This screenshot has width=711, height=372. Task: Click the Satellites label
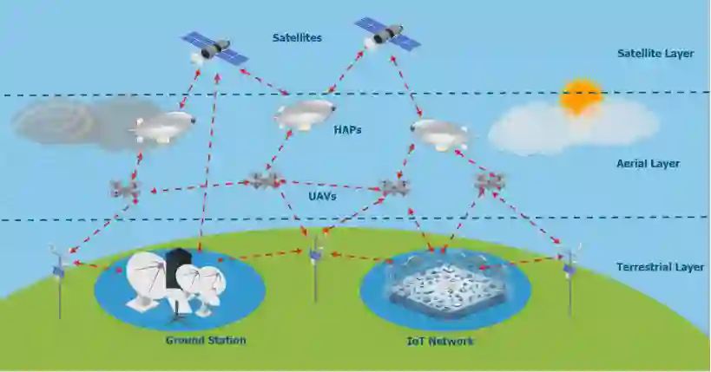tap(296, 38)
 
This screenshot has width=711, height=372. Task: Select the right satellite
tap(387, 33)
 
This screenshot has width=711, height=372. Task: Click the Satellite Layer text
tap(655, 54)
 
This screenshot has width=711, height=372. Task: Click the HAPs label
tap(347, 131)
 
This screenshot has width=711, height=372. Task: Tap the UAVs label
tap(322, 197)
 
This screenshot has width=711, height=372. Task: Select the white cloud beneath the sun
tap(573, 126)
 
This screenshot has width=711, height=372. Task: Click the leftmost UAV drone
tap(124, 188)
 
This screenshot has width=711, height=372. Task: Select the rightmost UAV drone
tap(490, 182)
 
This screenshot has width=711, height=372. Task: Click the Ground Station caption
tap(206, 340)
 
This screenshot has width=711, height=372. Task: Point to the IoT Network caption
tap(440, 341)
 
